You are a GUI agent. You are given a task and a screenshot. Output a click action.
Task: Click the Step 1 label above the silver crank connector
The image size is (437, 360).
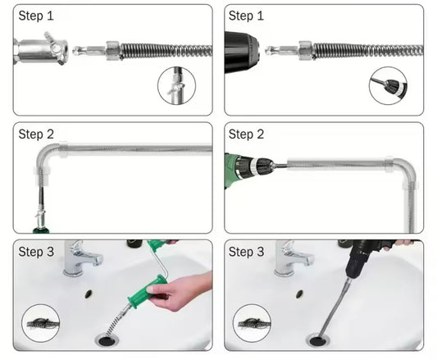(36, 16)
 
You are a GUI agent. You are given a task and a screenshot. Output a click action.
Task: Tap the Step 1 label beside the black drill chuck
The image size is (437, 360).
(246, 16)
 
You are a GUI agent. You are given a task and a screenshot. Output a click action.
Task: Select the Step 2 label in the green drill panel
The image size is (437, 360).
(246, 134)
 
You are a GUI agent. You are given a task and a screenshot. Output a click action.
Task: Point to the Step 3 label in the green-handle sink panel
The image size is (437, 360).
(36, 252)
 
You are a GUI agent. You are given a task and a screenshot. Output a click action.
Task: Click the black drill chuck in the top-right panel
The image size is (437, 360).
(241, 52)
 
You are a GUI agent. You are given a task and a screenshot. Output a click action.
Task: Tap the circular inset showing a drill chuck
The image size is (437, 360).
(388, 85)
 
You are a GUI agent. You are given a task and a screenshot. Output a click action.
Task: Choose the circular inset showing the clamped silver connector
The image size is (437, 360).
(177, 85)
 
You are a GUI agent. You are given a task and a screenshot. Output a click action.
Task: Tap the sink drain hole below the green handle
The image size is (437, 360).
(105, 341)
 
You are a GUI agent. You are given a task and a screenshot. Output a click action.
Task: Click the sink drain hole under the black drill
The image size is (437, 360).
(316, 341)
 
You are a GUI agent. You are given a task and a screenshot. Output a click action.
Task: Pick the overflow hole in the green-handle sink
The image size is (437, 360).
(89, 294)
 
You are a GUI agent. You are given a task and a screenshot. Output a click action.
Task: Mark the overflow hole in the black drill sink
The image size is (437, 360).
(299, 294)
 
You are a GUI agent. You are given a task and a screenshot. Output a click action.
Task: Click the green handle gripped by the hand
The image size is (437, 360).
(146, 291)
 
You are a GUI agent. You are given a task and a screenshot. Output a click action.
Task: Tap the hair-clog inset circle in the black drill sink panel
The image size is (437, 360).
(252, 323)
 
